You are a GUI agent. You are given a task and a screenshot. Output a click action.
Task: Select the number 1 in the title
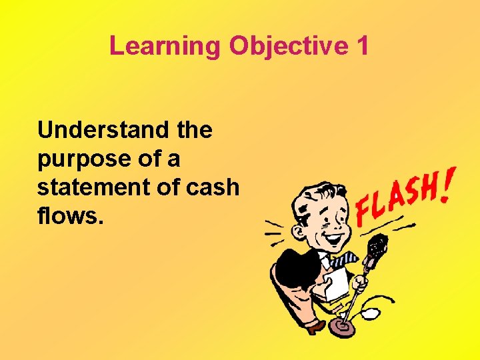pyautogui.click(x=362, y=45)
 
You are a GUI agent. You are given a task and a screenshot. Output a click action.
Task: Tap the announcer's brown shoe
pyautogui.click(x=314, y=326)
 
